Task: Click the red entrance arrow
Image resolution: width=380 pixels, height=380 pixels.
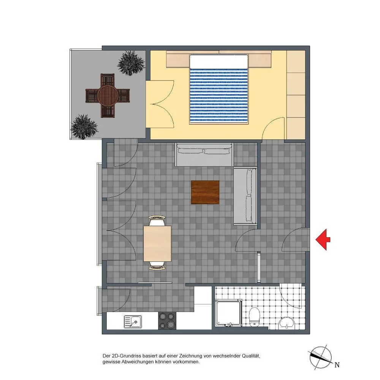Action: [323, 239]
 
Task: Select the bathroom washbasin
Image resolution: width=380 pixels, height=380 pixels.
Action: [287, 323]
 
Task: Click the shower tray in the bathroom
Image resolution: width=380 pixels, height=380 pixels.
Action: [228, 313]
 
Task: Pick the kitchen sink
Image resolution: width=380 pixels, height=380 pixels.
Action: [133, 321]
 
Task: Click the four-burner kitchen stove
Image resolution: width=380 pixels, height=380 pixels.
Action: [167, 321]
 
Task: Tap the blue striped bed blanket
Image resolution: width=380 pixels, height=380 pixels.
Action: [219, 96]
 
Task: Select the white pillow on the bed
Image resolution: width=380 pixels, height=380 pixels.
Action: [218, 62]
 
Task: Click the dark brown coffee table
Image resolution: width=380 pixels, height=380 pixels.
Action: [205, 192]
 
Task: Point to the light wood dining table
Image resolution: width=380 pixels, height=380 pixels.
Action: [157, 244]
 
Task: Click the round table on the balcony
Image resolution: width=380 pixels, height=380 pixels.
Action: [108, 95]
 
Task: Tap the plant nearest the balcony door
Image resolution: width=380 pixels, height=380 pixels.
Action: [131, 63]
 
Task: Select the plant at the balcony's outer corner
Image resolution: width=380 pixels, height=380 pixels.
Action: [84, 127]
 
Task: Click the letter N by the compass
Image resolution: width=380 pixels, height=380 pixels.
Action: [337, 365]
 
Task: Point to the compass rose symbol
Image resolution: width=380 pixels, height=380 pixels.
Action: [321, 358]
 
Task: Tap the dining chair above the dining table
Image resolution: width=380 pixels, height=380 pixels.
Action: [157, 220]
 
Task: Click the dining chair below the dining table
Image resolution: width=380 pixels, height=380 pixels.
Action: [157, 266]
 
